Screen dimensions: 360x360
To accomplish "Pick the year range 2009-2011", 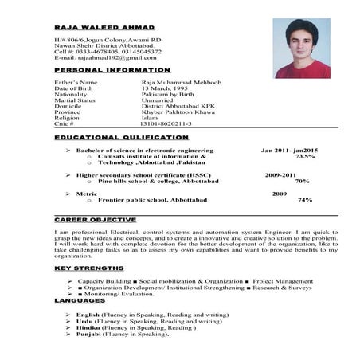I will [x=281, y=174].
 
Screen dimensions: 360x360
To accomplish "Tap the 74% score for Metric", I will [x=304, y=199].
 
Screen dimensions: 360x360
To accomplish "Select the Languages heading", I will [x=80, y=301].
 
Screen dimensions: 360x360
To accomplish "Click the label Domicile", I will [x=70, y=107].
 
